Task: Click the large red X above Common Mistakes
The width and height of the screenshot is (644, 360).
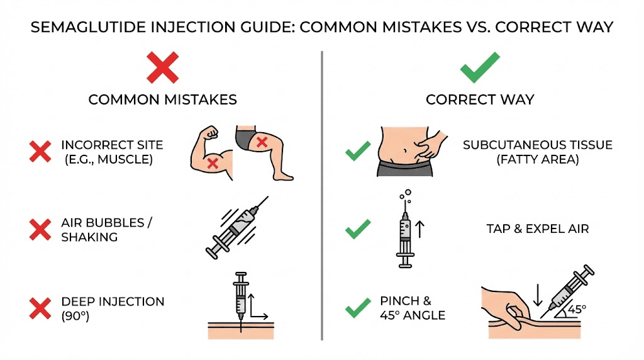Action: coord(162,67)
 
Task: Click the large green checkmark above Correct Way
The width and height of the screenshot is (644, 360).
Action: coord(480,67)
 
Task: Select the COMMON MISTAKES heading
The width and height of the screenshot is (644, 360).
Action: coord(162,99)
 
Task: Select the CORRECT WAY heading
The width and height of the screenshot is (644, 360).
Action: coord(480,99)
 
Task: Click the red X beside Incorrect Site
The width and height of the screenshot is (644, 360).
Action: coord(40,152)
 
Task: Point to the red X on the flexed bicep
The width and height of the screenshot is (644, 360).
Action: coord(213,163)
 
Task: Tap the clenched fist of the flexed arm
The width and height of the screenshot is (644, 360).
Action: coord(211,133)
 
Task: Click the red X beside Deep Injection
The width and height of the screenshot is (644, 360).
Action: coord(40,308)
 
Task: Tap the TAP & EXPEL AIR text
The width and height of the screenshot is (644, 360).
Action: coord(537,228)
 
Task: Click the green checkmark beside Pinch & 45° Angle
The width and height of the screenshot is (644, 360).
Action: coord(358,308)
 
